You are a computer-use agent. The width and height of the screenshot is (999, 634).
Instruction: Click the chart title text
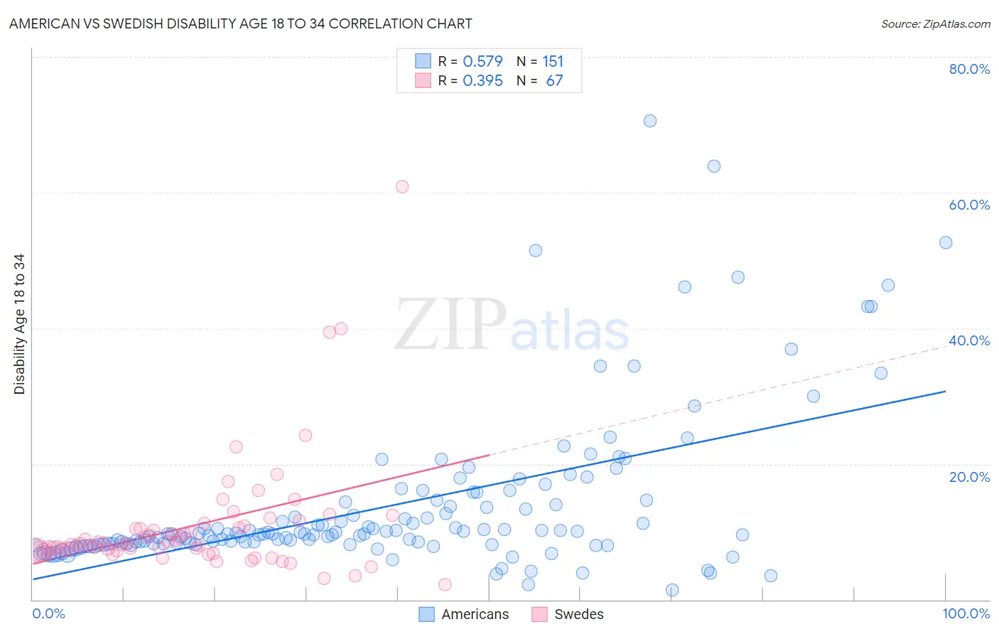tap(240, 23)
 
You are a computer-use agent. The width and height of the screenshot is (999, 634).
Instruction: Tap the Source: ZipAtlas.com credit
tap(935, 23)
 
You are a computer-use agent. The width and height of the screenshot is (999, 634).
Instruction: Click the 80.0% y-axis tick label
tap(969, 69)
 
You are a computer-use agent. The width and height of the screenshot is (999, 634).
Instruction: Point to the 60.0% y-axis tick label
tap(969, 205)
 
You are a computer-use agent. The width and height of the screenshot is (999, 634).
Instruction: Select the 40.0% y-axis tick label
tap(969, 340)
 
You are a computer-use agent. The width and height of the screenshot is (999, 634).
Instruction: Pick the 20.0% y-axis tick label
tap(969, 477)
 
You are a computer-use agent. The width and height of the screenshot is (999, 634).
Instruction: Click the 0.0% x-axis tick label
tap(48, 613)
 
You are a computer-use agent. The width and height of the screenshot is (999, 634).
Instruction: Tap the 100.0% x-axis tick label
tap(966, 613)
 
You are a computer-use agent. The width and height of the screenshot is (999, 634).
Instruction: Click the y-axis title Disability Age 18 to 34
tap(19, 324)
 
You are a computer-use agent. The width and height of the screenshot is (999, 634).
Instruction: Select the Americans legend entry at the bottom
tap(465, 614)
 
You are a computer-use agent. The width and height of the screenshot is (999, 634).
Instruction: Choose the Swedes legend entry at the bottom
tap(568, 614)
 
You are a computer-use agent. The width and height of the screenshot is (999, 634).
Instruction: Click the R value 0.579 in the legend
tap(482, 61)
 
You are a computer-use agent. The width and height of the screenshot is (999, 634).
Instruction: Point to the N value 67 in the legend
tap(554, 80)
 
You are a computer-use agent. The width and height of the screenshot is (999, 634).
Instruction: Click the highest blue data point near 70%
tap(649, 121)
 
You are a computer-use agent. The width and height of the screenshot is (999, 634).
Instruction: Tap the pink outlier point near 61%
tap(402, 187)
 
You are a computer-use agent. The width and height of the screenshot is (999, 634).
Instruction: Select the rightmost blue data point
tap(946, 242)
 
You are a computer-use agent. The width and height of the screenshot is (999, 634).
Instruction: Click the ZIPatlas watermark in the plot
tap(512, 325)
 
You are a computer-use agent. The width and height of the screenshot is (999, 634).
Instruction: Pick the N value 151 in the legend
tap(553, 61)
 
